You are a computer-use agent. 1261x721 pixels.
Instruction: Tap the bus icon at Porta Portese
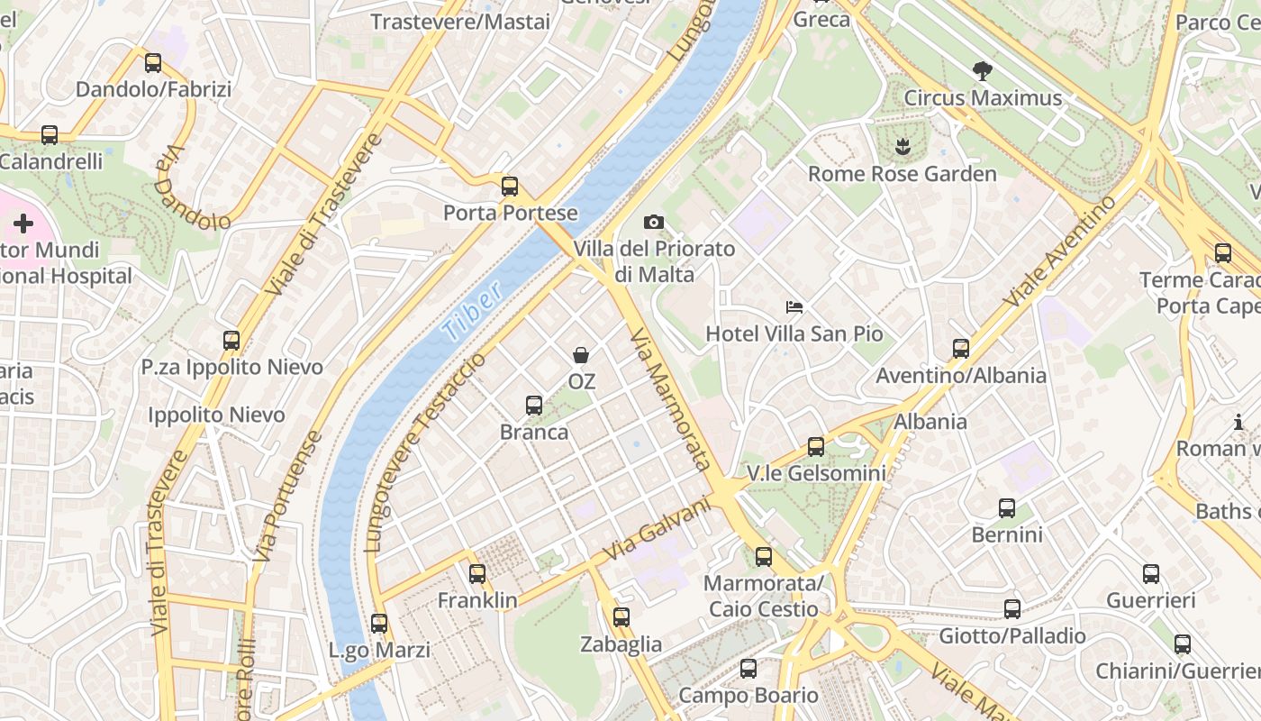[510, 187]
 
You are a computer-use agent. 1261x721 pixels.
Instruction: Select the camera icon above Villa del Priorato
[654, 222]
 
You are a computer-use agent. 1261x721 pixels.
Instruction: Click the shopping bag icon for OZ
[582, 355]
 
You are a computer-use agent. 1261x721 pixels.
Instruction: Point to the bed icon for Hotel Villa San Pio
[794, 307]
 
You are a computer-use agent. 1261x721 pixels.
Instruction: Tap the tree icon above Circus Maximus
[983, 70]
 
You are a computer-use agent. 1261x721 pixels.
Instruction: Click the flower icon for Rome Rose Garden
[902, 147]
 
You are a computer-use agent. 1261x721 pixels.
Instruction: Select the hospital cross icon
[23, 223]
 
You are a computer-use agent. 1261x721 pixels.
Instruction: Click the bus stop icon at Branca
[534, 406]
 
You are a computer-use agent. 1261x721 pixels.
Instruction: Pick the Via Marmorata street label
[671, 399]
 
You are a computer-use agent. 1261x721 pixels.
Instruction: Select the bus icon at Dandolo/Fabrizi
[153, 63]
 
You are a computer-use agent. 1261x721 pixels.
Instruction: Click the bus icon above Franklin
[477, 574]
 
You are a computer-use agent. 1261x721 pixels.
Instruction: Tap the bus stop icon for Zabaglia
[621, 617]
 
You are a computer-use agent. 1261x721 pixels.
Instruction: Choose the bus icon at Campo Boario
[748, 669]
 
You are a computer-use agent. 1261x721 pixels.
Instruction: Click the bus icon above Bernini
[1007, 508]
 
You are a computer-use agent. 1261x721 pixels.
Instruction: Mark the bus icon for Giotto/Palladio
[1012, 609]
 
